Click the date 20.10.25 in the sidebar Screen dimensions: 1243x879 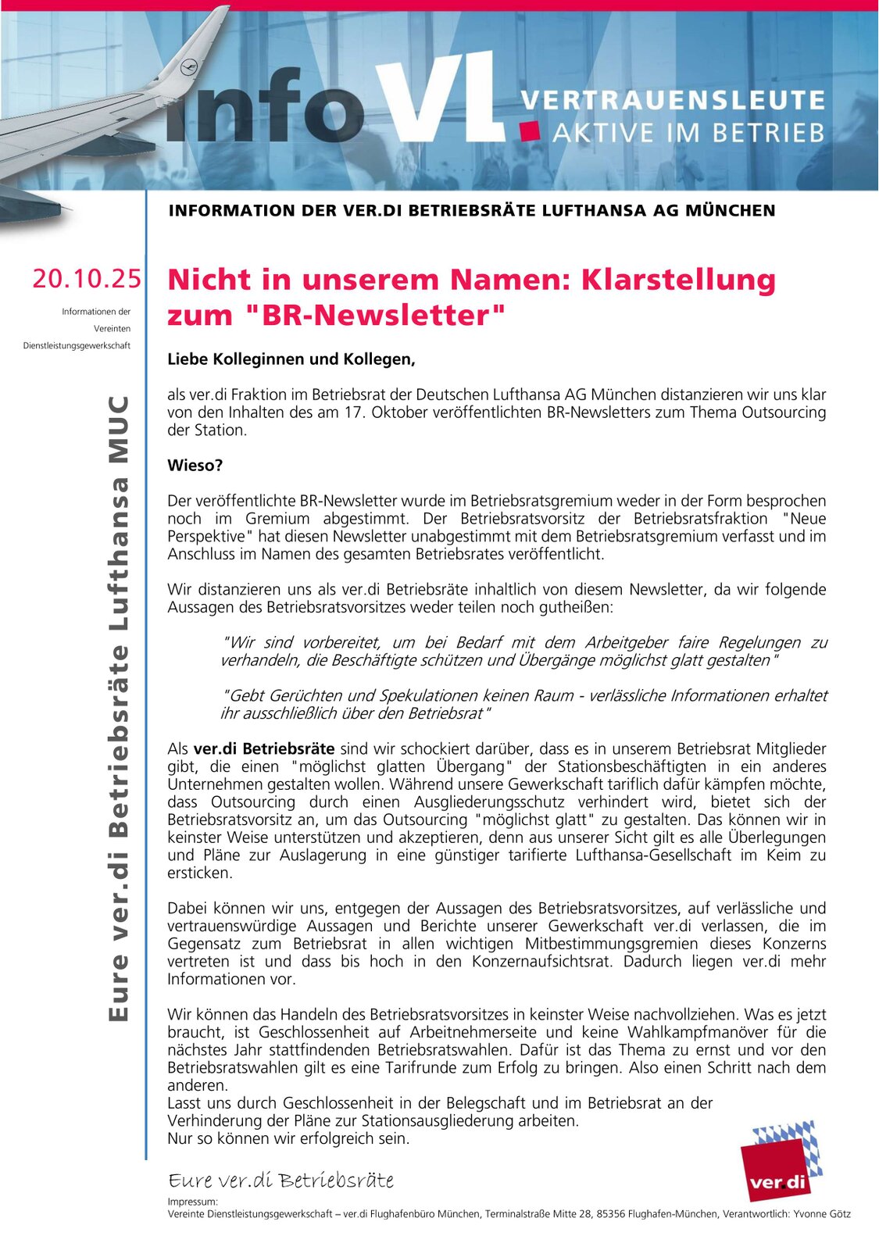(87, 278)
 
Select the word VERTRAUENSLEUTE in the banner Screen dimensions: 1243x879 (673, 100)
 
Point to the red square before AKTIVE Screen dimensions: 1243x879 (532, 130)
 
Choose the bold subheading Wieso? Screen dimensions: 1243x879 (195, 466)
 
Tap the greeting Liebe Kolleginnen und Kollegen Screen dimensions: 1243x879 (291, 359)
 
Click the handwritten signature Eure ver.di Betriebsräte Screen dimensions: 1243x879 (280, 1180)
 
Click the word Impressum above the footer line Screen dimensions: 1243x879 (192, 1202)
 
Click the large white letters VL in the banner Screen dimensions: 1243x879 (438, 98)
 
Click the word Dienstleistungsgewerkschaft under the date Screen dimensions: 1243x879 (77, 345)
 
